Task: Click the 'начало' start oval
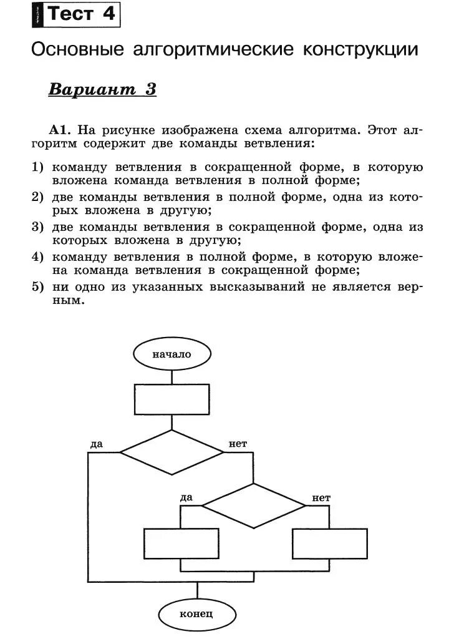coord(171,354)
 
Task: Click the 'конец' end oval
coord(196,614)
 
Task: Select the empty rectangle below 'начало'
coord(171,399)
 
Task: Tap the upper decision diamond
coord(171,452)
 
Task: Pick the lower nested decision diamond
coord(254,505)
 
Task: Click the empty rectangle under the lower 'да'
coord(181,544)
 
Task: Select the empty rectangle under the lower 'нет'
coord(329,544)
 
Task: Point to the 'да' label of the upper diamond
coord(96,444)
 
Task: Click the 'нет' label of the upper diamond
coord(238,444)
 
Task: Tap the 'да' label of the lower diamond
coord(186,497)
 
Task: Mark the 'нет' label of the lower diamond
coord(321,498)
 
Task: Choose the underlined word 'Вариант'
coord(92,89)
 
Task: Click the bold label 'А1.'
coord(61,130)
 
